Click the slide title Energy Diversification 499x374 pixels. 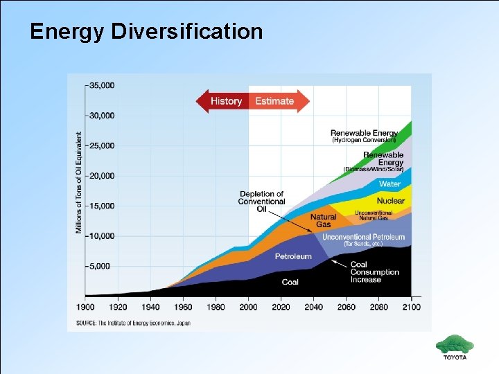146,32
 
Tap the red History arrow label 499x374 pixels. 226,101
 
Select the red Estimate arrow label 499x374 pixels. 274,101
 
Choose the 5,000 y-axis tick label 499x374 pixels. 103,266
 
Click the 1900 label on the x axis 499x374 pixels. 85,307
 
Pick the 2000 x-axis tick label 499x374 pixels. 248,307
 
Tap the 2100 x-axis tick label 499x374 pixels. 411,307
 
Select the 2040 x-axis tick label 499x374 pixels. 313,307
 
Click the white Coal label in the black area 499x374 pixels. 290,282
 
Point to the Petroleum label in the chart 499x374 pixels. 293,256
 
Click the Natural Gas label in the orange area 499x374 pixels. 323,220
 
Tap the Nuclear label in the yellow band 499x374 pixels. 391,201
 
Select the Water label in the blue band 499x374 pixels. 389,184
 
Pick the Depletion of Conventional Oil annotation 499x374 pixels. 261,201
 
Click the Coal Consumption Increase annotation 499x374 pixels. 374,272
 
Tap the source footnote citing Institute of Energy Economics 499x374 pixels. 133,323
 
